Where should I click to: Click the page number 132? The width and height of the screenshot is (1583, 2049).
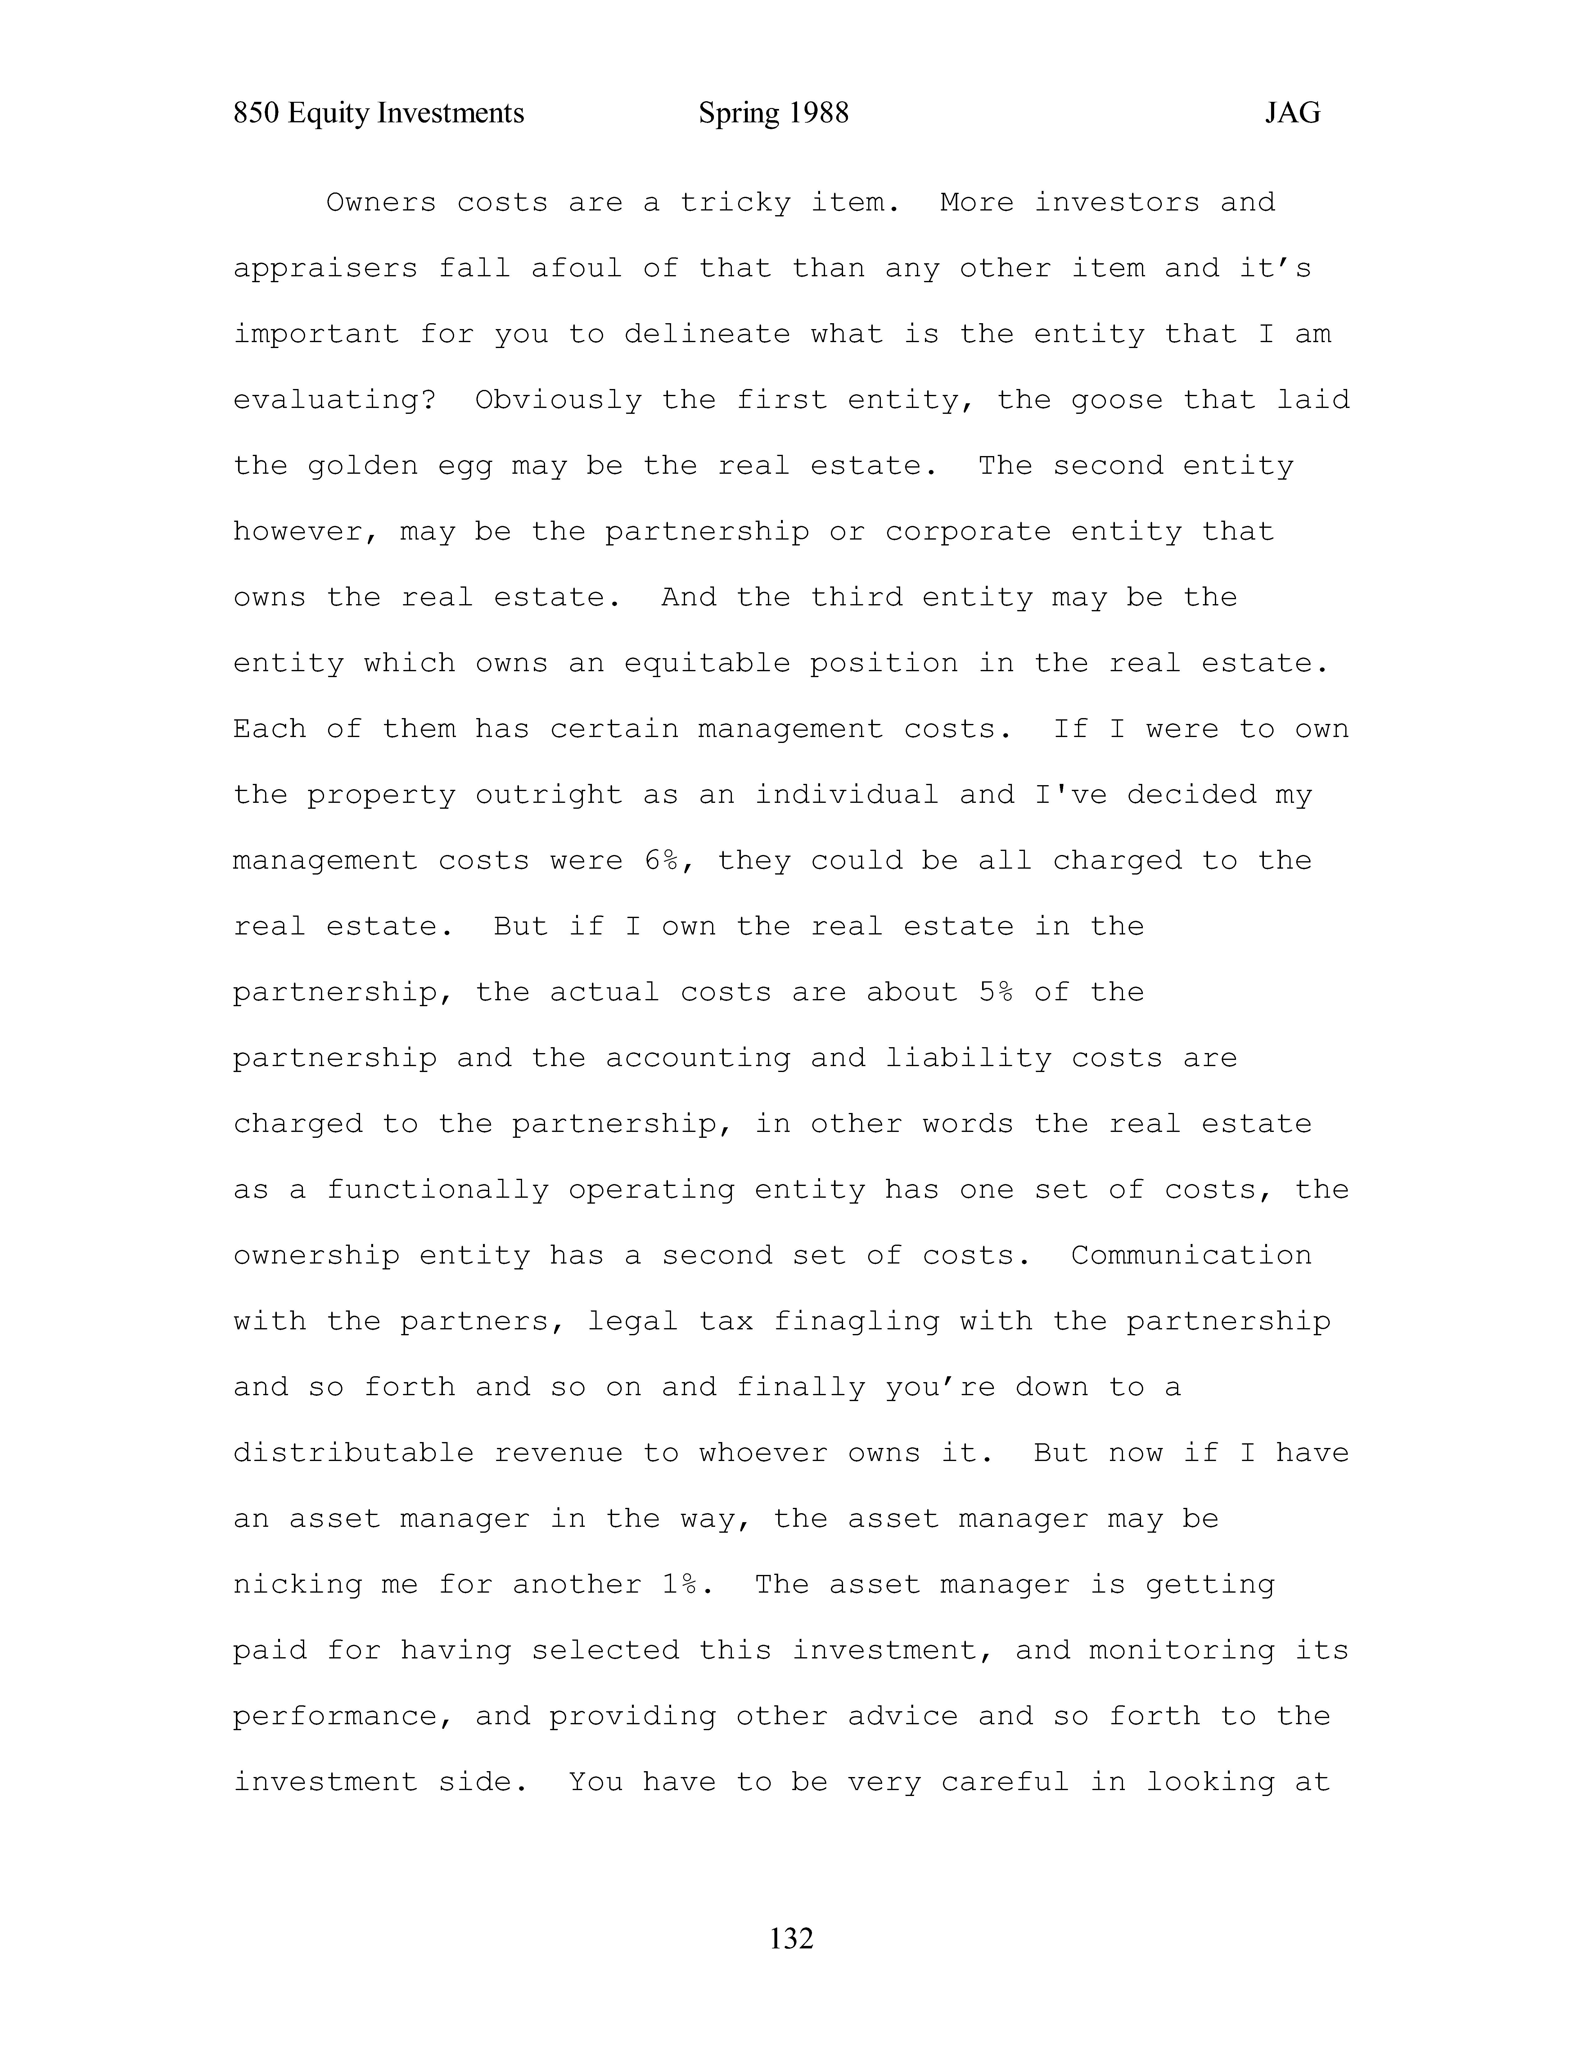pos(791,1937)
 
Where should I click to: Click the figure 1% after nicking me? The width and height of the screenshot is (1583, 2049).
pos(680,1585)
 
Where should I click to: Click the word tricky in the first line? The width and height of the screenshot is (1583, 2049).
pos(735,203)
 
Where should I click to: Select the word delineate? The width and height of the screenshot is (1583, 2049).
pos(707,334)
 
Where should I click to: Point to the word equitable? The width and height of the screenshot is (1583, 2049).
pos(707,663)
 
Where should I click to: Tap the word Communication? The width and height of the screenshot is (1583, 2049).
pos(1191,1255)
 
